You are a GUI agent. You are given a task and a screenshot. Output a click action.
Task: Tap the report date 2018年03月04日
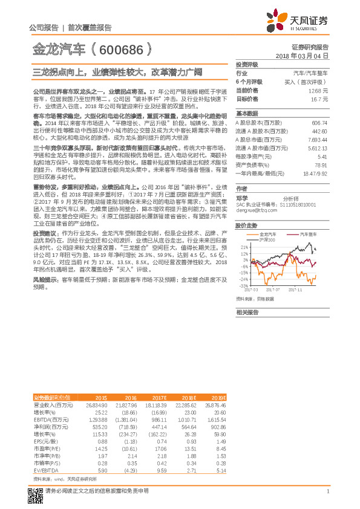click(x=301, y=55)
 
